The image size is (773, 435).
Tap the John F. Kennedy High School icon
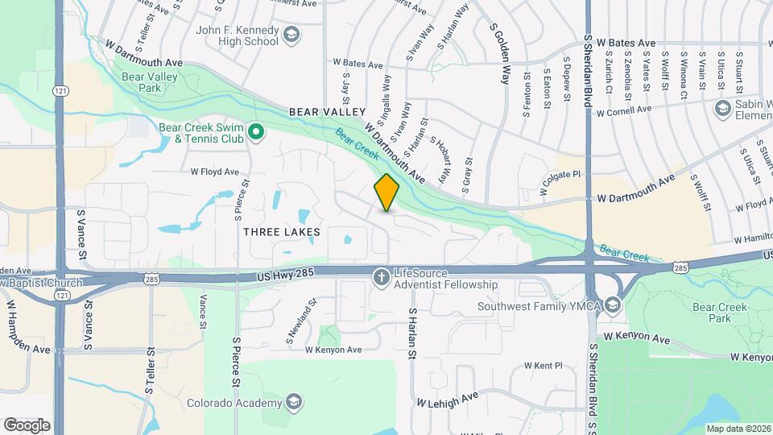[x=291, y=34]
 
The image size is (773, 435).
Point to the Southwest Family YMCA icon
[x=614, y=305]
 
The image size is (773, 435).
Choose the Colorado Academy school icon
[x=294, y=403]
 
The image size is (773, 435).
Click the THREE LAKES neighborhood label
[x=282, y=232]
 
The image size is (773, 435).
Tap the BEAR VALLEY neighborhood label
[x=328, y=111]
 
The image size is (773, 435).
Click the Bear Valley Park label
[x=147, y=81]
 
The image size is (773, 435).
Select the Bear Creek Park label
[x=721, y=313]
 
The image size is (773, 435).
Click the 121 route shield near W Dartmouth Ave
[x=61, y=92]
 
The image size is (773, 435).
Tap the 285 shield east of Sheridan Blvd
[x=681, y=266]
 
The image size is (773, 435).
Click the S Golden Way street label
[x=501, y=53]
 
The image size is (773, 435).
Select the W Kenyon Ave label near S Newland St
[x=333, y=350]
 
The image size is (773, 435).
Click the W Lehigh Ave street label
[x=447, y=399]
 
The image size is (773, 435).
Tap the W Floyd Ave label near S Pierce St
[x=215, y=172]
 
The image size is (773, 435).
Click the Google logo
[x=27, y=425]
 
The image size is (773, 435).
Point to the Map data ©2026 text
[x=738, y=429]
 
